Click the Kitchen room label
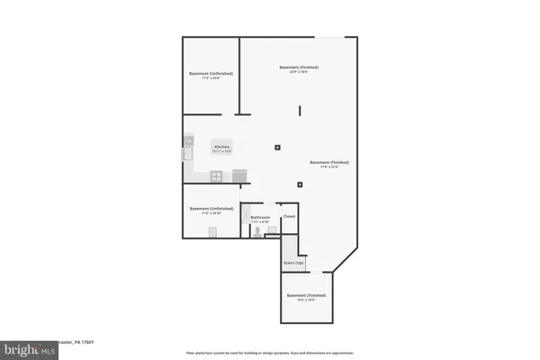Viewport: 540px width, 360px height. click(221, 147)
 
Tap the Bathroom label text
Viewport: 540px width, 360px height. click(261, 217)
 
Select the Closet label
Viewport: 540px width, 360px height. click(289, 217)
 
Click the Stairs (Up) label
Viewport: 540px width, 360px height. click(292, 263)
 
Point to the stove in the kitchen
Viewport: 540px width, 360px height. click(238, 174)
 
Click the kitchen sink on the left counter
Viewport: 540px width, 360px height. click(188, 154)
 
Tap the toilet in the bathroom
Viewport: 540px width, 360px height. click(259, 231)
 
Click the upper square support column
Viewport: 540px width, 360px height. click(277, 147)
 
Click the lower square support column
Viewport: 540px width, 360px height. click(299, 185)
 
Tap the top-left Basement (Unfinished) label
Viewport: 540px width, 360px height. click(211, 74)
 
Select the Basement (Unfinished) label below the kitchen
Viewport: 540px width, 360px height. click(211, 210)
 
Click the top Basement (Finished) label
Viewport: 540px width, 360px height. click(299, 68)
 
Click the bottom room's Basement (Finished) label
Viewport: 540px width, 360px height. click(306, 297)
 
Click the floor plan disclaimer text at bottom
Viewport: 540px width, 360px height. click(270, 353)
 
